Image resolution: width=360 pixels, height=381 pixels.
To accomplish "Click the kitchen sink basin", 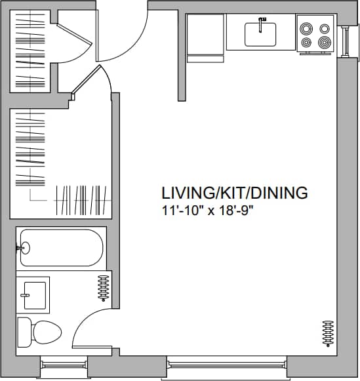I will pos(261,35).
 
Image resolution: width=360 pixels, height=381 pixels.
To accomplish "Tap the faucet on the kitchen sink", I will pos(261,24).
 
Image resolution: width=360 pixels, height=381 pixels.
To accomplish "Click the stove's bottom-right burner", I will pos(323,43).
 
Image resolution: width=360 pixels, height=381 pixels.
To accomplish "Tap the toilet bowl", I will pos(45,332).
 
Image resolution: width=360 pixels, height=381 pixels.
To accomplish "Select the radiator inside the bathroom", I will pos(103,287).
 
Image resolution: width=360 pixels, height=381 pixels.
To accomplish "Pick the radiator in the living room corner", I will pos(328,334).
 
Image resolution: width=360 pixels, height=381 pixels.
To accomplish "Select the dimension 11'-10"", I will pos(180,211).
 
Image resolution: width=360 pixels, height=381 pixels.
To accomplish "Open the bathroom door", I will pos(92,328).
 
